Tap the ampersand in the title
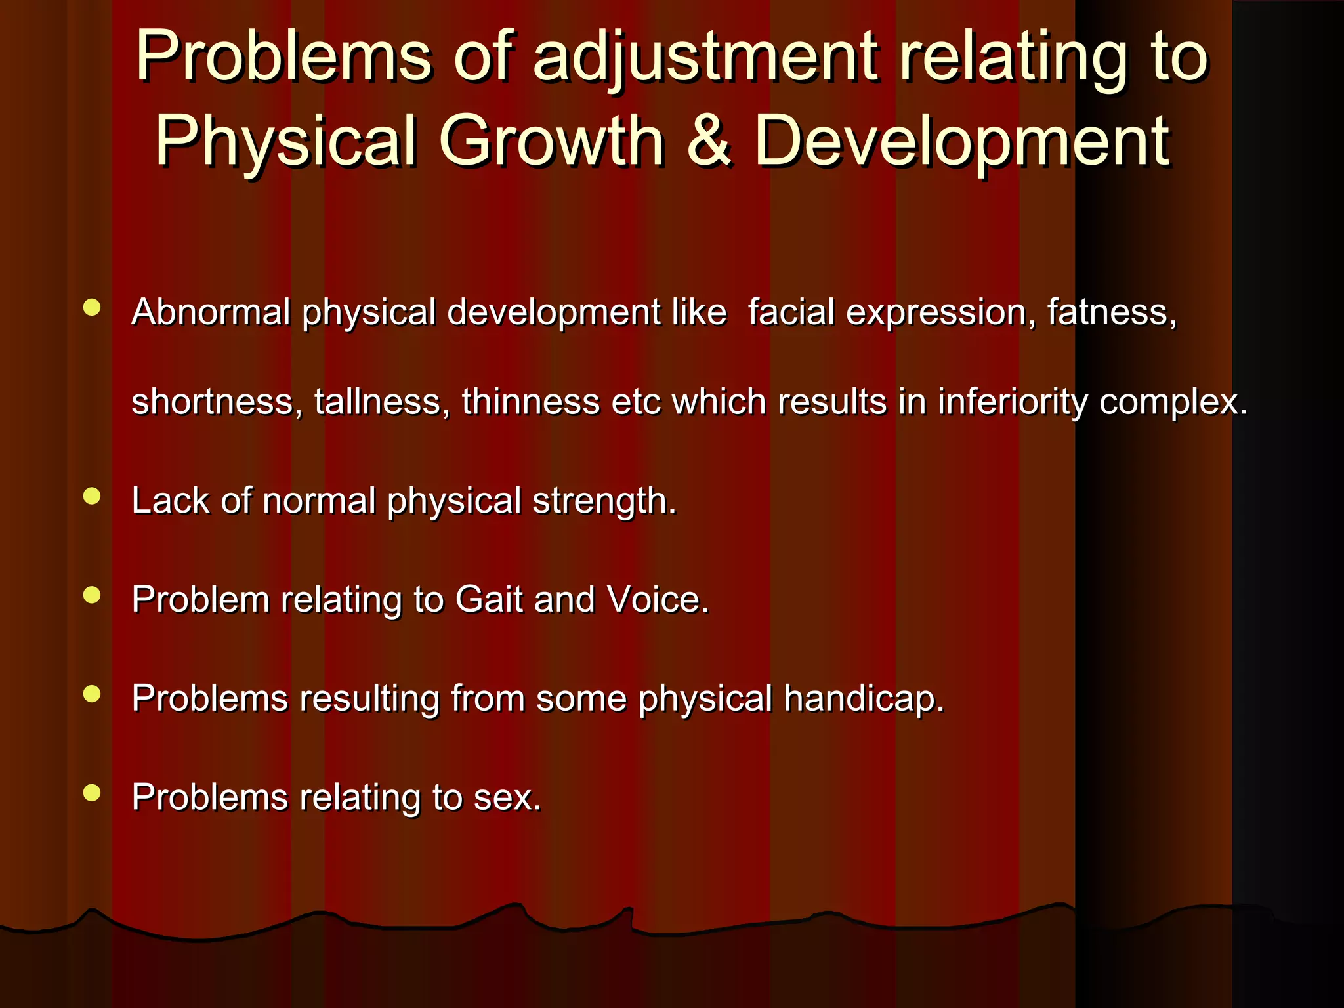708,140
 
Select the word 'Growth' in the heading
551,140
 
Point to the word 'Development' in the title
961,142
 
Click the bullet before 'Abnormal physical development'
92,308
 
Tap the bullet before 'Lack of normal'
92,496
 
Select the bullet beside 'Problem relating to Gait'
92,595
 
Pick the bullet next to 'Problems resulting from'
92,694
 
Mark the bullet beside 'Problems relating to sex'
92,793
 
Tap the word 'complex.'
1173,403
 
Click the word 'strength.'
604,502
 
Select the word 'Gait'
489,600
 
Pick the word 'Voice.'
658,600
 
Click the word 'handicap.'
864,699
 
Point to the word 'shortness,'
217,402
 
